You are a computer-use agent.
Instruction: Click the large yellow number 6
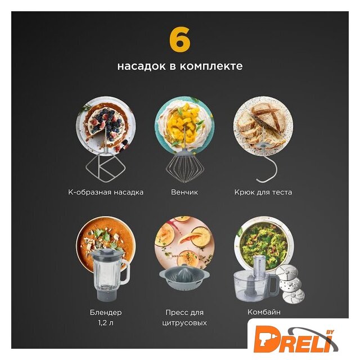coord(180,39)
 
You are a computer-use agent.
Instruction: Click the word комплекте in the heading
coord(211,66)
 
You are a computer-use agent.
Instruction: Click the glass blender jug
coord(109,274)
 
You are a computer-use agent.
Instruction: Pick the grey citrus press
coord(184,277)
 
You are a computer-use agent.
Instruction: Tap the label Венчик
coord(184,192)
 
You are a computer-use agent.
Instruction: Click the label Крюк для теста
coord(263,192)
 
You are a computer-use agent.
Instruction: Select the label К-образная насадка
coord(106,192)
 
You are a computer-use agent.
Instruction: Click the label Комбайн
coord(264,312)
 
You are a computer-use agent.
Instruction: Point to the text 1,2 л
coord(106,323)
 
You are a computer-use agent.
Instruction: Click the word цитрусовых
coord(184,323)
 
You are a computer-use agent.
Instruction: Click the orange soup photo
coord(106,244)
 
